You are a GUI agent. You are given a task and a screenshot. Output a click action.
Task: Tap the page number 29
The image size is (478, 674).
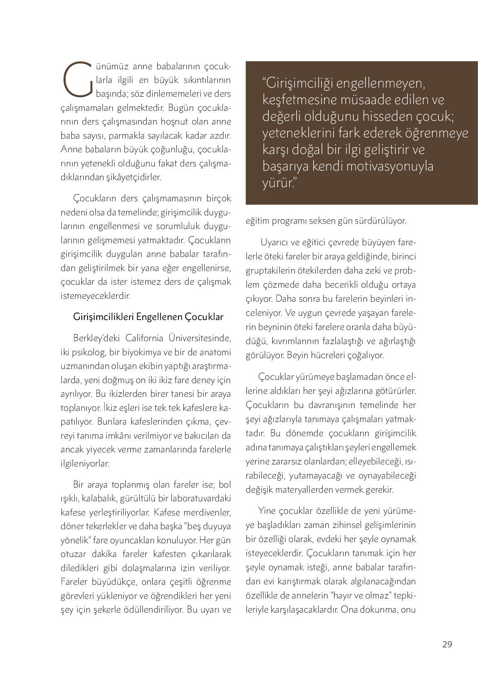tap(447, 644)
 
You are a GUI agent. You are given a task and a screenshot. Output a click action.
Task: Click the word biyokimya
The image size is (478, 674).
tap(135, 352)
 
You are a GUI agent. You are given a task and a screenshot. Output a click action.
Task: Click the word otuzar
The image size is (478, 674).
tap(73, 554)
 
